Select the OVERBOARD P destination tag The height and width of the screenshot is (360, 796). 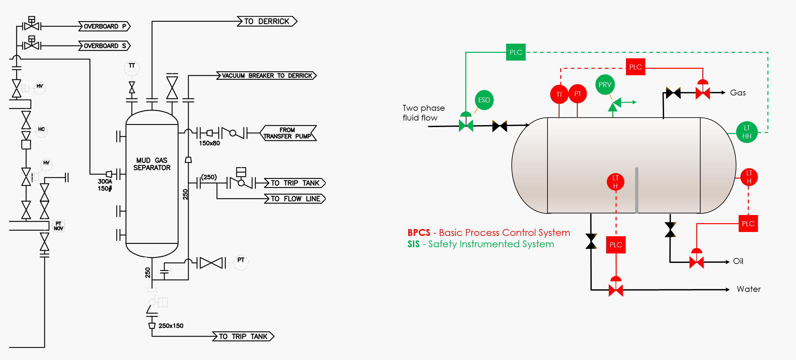click(x=105, y=26)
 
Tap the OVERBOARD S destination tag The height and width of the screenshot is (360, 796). click(x=105, y=46)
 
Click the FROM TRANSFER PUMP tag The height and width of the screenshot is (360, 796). click(x=288, y=133)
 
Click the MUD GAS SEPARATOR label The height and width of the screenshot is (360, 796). click(x=152, y=164)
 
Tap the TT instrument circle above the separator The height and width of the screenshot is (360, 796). click(x=132, y=67)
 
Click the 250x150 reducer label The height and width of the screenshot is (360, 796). click(x=171, y=326)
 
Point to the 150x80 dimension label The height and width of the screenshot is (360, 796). click(x=209, y=143)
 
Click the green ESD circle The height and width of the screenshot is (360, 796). click(x=484, y=100)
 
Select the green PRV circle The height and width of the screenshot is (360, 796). click(x=605, y=85)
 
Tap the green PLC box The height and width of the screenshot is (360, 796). click(x=516, y=52)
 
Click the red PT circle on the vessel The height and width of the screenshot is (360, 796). click(x=577, y=94)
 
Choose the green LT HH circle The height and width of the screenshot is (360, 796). click(x=747, y=132)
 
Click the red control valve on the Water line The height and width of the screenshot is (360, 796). click(x=616, y=290)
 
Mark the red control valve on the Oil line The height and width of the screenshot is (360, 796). click(x=696, y=262)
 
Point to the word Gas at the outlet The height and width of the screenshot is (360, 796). click(x=738, y=93)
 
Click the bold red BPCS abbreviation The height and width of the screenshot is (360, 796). click(x=419, y=233)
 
